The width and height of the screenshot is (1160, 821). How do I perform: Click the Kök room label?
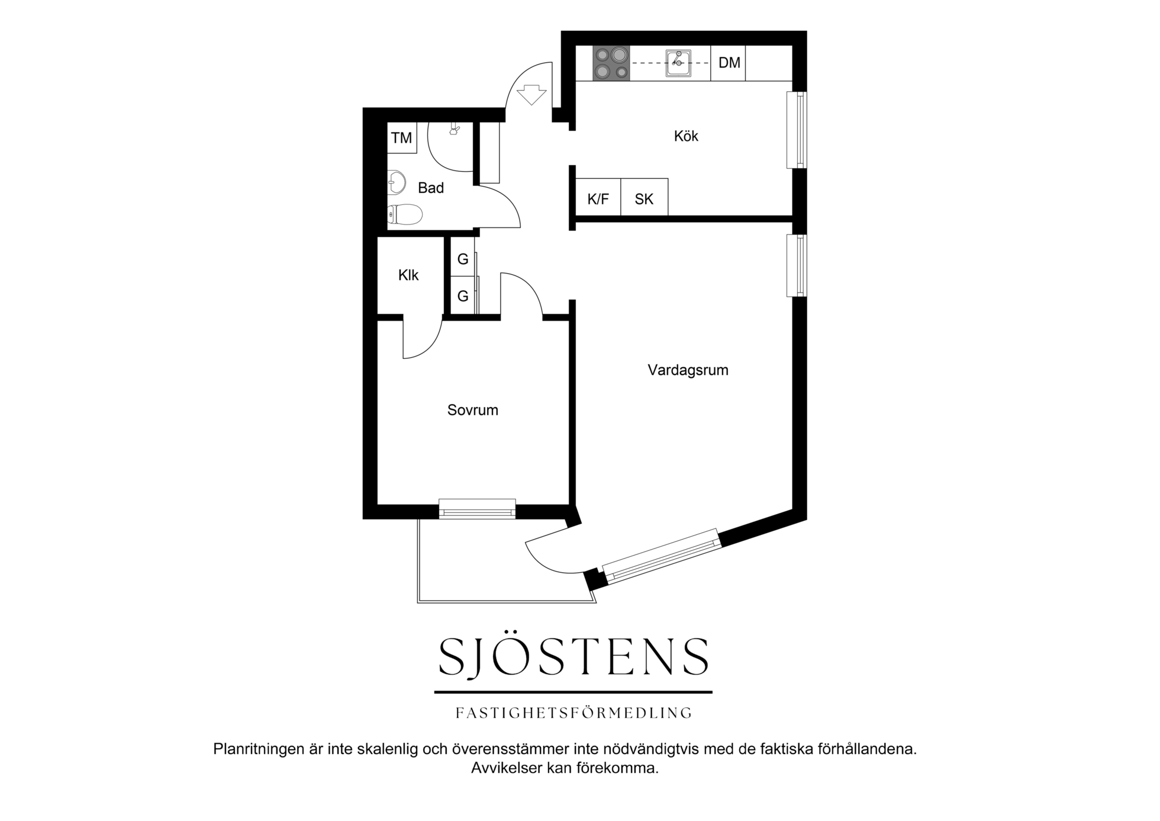coord(686,136)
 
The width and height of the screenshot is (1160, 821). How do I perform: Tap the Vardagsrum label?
coord(688,370)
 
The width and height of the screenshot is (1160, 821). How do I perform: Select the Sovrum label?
coord(472,410)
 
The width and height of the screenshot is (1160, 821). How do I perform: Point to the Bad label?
coord(430,188)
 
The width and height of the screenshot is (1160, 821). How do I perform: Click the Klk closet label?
coord(408,275)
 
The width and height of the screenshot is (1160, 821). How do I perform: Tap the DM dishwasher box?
coord(729,63)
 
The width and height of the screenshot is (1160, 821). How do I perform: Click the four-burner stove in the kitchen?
coord(611,63)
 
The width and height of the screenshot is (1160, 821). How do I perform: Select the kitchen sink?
coord(679,63)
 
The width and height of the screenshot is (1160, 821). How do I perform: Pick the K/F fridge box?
coord(598,197)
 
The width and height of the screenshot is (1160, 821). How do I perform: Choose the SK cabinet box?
coord(645,197)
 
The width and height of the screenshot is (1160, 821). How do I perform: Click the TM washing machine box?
coord(402,138)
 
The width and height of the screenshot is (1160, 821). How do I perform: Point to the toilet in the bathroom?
coord(405,214)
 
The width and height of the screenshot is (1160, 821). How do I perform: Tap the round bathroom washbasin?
coord(397,182)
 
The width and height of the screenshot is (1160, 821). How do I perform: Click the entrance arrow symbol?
coord(531,95)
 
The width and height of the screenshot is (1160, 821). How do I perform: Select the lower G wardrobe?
coord(463,294)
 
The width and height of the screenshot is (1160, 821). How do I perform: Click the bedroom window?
coord(477,509)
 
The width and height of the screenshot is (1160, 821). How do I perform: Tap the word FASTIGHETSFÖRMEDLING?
coord(573,713)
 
